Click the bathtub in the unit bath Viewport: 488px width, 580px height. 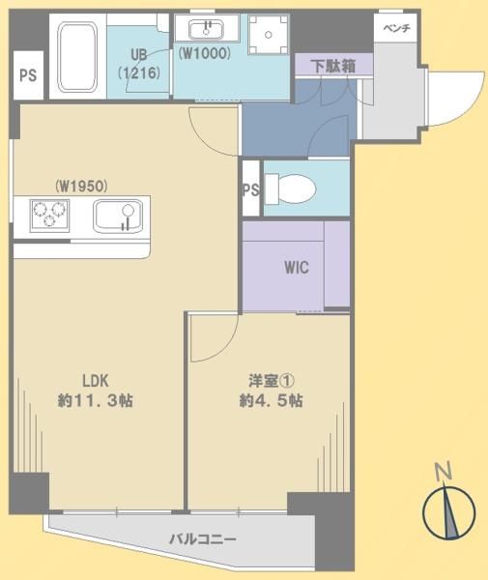(77, 57)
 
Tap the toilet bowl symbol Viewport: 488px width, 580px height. (291, 188)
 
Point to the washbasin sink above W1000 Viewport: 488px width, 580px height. (206, 30)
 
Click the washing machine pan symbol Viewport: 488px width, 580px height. (269, 35)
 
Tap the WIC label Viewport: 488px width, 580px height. (297, 267)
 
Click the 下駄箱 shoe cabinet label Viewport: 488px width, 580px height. (334, 66)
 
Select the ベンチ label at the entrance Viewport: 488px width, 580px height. (397, 28)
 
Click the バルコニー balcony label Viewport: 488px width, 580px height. (203, 539)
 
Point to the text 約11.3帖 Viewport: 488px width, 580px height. (96, 400)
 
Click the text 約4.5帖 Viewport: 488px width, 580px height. (272, 400)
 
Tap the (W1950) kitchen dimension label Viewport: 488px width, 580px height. (81, 186)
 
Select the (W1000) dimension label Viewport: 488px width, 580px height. (205, 53)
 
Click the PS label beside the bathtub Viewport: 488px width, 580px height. (28, 75)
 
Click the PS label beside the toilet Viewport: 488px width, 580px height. (251, 190)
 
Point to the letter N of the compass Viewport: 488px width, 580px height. (444, 472)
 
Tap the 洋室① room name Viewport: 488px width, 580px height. (272, 381)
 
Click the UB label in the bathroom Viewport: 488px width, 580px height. (139, 55)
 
